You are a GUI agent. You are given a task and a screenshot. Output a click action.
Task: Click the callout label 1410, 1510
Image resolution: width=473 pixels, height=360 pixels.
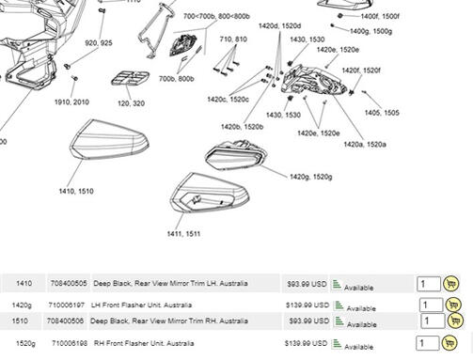75,191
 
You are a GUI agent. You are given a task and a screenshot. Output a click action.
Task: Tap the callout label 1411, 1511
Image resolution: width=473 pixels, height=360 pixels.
183,233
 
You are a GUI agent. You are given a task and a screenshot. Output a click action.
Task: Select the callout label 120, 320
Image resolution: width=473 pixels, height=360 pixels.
131,102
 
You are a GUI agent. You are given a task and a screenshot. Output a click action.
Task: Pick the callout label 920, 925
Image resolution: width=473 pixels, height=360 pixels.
99,43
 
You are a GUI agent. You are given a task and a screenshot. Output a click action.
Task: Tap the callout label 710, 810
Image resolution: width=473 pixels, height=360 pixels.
233,39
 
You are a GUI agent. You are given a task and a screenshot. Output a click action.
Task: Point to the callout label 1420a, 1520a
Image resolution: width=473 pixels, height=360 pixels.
366,145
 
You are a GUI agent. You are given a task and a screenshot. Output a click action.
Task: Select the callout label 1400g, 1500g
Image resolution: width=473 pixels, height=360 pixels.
370,31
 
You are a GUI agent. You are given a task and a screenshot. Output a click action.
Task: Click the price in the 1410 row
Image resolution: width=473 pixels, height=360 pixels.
306,284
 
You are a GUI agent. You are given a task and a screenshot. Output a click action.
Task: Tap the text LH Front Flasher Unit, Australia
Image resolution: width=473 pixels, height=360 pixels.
141,305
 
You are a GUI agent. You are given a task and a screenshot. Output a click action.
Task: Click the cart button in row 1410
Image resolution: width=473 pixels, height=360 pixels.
450,284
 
